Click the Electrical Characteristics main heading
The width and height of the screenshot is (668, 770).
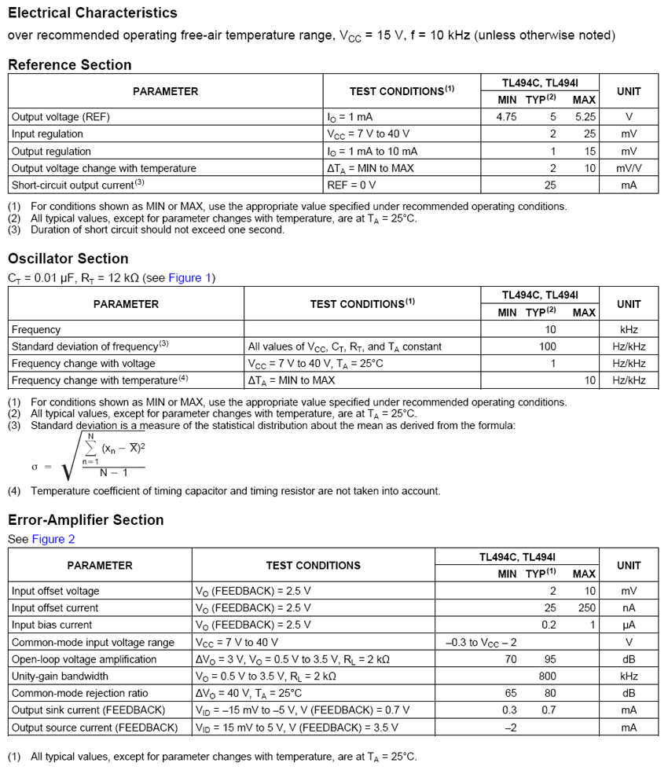[x=93, y=13]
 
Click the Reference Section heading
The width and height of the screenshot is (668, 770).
[x=70, y=64]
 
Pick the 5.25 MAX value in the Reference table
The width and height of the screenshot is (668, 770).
[x=585, y=116]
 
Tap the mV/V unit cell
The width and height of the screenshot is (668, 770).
[x=629, y=167]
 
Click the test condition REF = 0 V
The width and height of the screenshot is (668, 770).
[x=351, y=185]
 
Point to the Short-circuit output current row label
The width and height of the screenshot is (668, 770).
[x=78, y=185]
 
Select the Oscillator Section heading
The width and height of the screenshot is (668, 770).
[x=68, y=258]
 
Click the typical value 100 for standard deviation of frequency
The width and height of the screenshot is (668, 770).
[x=547, y=346]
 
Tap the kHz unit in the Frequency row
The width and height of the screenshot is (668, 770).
[x=629, y=330]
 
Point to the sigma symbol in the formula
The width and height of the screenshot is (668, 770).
[x=35, y=467]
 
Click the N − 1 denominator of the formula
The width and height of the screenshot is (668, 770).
[x=112, y=473]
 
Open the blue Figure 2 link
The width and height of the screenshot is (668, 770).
[x=53, y=539]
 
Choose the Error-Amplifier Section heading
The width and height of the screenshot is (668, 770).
[x=86, y=519]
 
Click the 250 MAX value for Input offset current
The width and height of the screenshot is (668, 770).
[x=586, y=608]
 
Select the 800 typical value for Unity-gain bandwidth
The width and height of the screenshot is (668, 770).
[x=547, y=676]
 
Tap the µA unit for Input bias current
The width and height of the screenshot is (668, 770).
[x=629, y=625]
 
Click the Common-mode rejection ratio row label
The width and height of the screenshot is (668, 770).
[x=79, y=693]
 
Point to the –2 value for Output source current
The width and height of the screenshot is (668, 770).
[x=509, y=728]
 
